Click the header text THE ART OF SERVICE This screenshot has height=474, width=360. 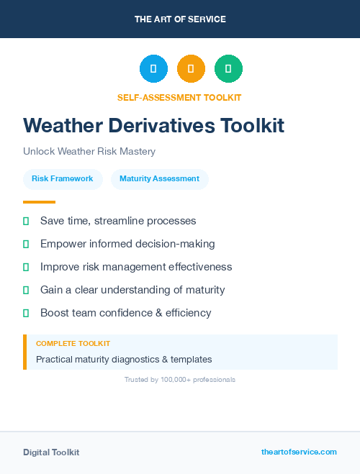tap(180, 19)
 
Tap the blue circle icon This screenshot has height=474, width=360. tap(153, 69)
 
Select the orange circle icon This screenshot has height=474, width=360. tap(191, 69)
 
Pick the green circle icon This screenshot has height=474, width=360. tap(228, 69)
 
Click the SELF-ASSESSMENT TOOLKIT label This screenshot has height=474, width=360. tap(179, 97)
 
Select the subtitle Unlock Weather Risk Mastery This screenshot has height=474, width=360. tap(89, 152)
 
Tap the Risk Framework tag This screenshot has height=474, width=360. tap(63, 179)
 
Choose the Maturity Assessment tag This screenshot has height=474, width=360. tap(159, 179)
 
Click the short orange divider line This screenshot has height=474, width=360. tap(39, 202)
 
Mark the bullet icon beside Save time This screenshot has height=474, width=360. tap(26, 221)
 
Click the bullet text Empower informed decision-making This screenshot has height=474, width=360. tap(127, 244)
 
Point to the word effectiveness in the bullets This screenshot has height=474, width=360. tap(201, 267)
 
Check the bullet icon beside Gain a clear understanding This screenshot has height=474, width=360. tap(26, 290)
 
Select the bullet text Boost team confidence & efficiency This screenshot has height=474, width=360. tap(126, 313)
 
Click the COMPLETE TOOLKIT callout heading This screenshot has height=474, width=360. tap(73, 344)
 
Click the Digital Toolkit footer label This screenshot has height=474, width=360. tap(51, 452)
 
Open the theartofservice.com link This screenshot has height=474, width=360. tap(299, 452)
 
